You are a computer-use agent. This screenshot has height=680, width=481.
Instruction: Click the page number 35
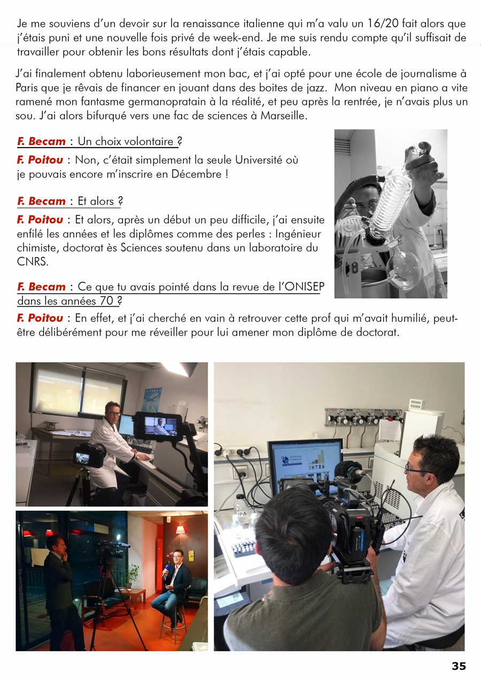point(459,666)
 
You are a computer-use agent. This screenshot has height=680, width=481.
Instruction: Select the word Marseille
point(284,116)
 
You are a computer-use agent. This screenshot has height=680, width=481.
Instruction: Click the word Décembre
point(197,174)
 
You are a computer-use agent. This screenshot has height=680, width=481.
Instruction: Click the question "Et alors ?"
point(100,201)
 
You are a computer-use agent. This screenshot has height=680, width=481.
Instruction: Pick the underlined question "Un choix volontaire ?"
point(130,141)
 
